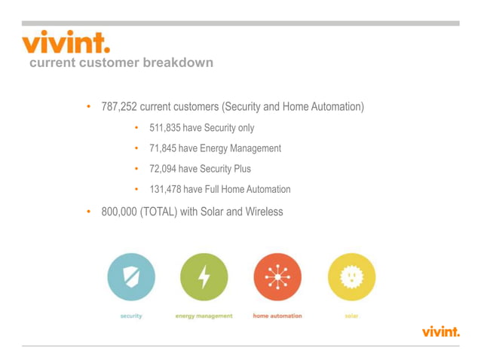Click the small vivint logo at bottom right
pos(440,331)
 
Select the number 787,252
pos(119,107)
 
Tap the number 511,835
pos(164,128)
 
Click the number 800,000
pos(119,212)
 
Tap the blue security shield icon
pos(131,277)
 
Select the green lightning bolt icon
pos(204,277)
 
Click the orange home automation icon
pos(277,277)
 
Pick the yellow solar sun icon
pos(351,277)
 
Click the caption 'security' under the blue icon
pos(131,316)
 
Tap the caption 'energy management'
pos(204,316)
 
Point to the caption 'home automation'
pos(277,316)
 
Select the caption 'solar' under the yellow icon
pos(351,316)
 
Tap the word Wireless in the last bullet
pos(263,212)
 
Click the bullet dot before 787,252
pos(87,107)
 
